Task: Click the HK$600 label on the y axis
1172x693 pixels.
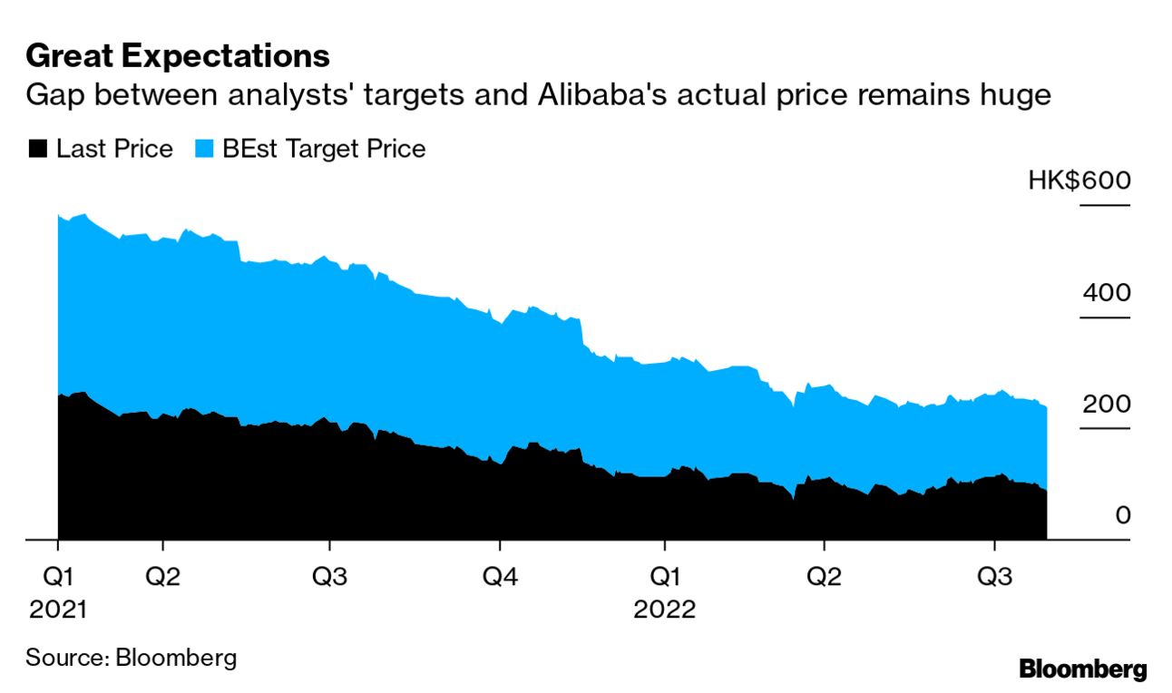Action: coord(1079,181)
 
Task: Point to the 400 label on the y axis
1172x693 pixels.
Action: coord(1106,293)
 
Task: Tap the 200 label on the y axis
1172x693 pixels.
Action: coord(1106,404)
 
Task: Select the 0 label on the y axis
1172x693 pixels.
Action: coord(1123,515)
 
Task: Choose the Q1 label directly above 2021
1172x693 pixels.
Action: coord(58,578)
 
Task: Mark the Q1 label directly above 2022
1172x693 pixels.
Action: coord(665,578)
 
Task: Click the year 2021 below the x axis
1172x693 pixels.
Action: coord(58,609)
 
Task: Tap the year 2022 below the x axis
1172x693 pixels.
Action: coord(665,609)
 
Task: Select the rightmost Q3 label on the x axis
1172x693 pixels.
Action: coord(995,578)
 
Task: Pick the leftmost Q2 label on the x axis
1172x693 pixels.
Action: coord(162,578)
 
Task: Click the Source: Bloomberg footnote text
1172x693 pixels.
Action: coord(131,657)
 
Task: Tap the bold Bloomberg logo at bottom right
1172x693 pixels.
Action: coord(1083,670)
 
